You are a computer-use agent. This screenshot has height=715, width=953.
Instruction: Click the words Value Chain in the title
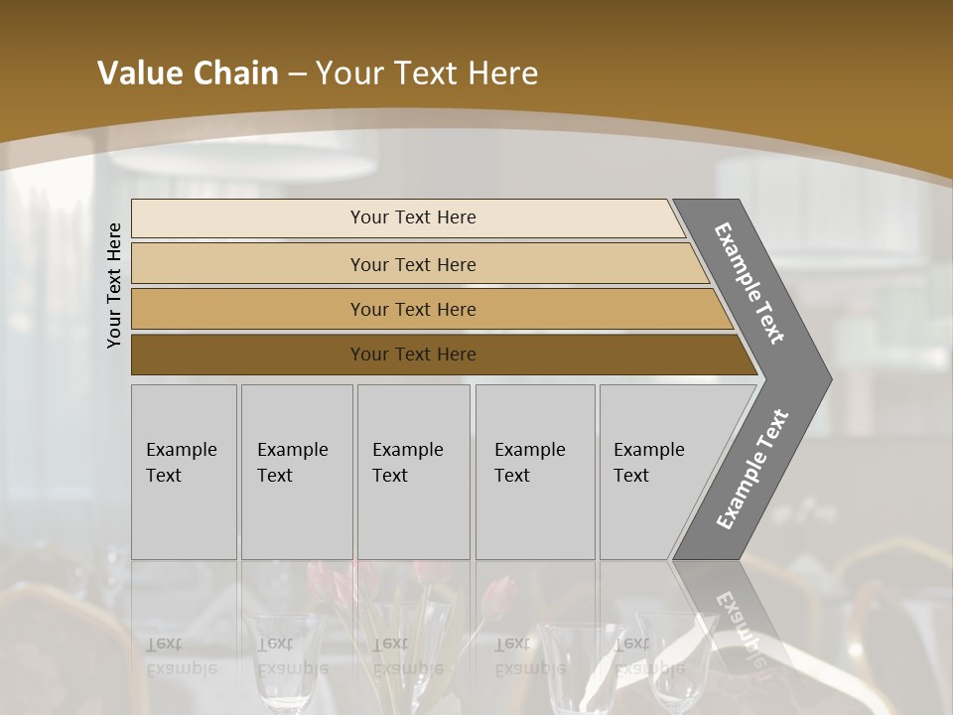[188, 72]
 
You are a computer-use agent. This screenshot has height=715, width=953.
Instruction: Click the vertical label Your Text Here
[114, 285]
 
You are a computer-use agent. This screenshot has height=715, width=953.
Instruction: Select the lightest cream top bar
[248, 218]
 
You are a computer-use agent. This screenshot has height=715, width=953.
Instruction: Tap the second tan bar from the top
[248, 264]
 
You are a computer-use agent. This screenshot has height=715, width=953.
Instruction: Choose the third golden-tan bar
[248, 309]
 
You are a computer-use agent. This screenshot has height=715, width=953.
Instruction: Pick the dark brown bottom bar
[248, 355]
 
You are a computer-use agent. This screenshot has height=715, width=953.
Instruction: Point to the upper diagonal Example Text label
[749, 283]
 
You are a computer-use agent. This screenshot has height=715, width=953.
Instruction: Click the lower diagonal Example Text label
[751, 469]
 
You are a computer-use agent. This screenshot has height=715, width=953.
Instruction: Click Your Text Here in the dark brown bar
[413, 355]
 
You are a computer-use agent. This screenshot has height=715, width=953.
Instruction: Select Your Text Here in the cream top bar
[413, 217]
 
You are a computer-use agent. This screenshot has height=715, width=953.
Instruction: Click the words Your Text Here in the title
[427, 72]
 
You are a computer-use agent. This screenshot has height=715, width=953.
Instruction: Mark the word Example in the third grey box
[407, 450]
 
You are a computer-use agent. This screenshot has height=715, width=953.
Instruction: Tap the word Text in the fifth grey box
[631, 476]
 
